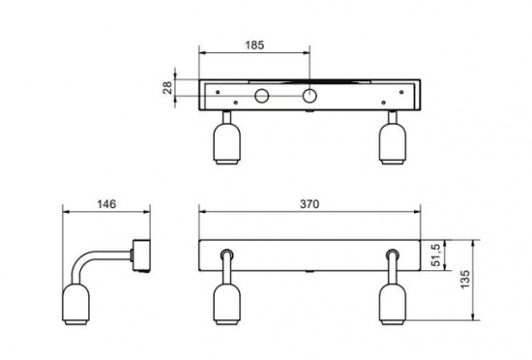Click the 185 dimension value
[254, 45]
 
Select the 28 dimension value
[167, 87]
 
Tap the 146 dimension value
[106, 204]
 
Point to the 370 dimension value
[310, 204]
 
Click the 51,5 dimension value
[436, 255]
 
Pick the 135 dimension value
[465, 280]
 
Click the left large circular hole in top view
[261, 96]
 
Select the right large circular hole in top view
[310, 96]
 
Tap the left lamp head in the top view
[226, 143]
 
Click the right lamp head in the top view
[392, 143]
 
